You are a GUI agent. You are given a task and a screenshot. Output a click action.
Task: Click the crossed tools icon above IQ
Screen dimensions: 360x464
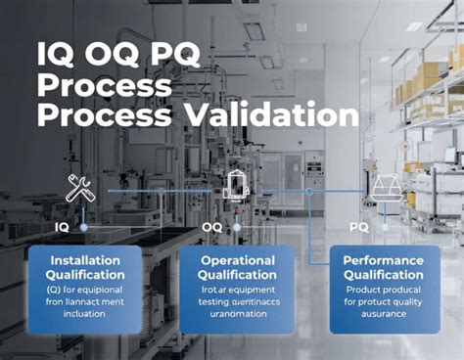[79, 186]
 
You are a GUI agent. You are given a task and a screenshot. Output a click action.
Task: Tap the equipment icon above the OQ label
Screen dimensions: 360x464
[237, 185]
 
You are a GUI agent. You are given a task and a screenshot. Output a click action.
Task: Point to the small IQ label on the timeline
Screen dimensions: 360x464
[62, 226]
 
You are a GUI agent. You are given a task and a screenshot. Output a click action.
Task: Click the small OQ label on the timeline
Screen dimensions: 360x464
[211, 226]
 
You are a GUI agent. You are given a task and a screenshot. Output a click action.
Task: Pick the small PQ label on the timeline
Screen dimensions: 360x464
[360, 226]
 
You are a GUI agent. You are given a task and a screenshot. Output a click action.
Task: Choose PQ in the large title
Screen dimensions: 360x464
[195, 53]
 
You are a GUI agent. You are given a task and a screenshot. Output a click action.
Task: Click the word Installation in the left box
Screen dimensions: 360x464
[85, 260]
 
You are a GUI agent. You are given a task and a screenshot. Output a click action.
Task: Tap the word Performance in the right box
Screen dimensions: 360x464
[384, 260]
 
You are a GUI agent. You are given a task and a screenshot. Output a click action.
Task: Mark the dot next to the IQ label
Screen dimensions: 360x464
[83, 226]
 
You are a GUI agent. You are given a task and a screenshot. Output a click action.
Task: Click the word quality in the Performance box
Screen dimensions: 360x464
[409, 303]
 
